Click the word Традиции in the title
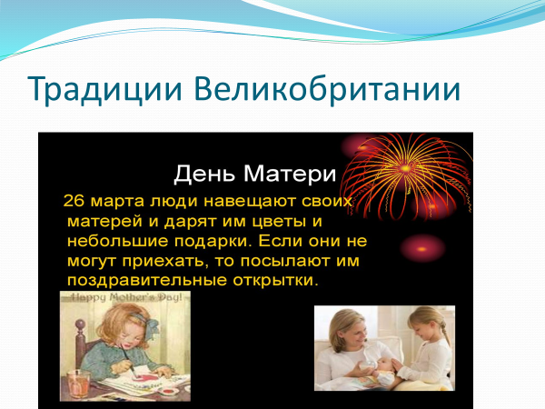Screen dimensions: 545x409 (x=104, y=89)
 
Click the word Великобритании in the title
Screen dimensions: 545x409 (x=327, y=87)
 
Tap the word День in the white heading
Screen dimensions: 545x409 (x=204, y=174)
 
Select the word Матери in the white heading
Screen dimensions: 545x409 (x=290, y=174)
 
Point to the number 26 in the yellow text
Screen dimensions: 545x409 (x=74, y=201)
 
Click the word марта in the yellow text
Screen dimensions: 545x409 (x=117, y=202)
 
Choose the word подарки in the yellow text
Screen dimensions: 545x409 (x=213, y=242)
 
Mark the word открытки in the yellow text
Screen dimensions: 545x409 (x=275, y=281)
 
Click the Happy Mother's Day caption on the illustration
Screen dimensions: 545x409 (x=126, y=298)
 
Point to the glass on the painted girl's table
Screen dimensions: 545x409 (x=77, y=384)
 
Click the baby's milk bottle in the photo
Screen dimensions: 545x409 (x=368, y=365)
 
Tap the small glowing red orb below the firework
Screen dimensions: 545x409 (x=422, y=249)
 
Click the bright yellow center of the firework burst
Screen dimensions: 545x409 (x=405, y=169)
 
